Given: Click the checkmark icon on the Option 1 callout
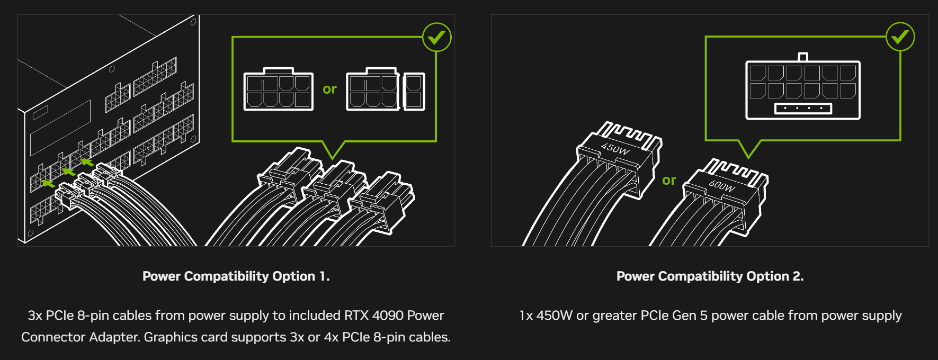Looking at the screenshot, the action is (x=437, y=37).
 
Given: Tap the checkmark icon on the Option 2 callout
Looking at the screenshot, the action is (x=900, y=37).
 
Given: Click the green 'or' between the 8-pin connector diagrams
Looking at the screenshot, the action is (x=329, y=89).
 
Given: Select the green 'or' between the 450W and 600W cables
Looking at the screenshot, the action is (x=669, y=181).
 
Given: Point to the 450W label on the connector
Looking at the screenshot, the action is (x=615, y=149).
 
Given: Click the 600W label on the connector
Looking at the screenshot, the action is (x=722, y=186).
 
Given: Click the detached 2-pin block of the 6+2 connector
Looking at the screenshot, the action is (x=414, y=92).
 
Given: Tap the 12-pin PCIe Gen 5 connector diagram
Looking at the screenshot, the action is (x=802, y=87).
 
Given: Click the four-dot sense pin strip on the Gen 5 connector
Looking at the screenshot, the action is (x=803, y=109).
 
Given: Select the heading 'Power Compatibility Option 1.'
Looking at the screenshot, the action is (x=236, y=276).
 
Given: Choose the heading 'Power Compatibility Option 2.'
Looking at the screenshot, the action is (x=710, y=276).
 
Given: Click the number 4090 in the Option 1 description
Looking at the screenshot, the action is (x=388, y=316).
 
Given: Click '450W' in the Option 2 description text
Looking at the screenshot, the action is (x=554, y=316).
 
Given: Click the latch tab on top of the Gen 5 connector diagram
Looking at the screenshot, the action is (x=803, y=57).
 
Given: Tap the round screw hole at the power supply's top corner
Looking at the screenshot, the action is (x=193, y=22).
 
